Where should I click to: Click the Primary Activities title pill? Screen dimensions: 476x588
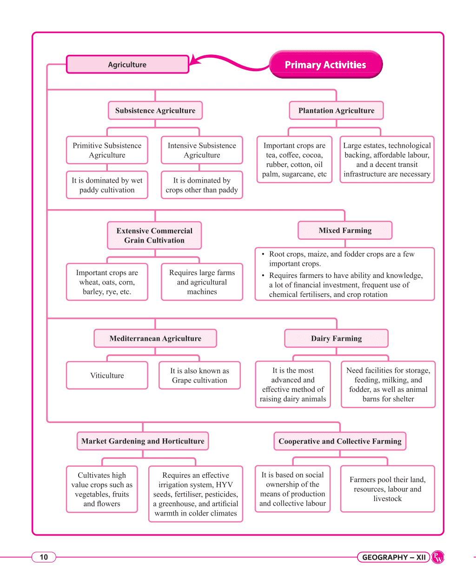(x=325, y=64)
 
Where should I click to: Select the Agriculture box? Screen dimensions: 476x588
(x=127, y=64)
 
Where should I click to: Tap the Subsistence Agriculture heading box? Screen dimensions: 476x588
(x=155, y=111)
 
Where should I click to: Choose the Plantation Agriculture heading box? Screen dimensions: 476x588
(x=336, y=111)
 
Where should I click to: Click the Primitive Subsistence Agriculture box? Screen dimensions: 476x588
(x=107, y=150)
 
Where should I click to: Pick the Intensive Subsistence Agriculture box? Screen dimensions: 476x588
(x=202, y=150)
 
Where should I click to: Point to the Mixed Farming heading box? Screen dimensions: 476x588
(x=345, y=230)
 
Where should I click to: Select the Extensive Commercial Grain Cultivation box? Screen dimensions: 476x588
(x=154, y=235)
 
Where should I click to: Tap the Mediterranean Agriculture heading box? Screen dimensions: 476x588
(x=155, y=338)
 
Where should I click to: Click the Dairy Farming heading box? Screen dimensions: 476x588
(x=336, y=338)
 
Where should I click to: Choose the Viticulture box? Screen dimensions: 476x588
(x=107, y=375)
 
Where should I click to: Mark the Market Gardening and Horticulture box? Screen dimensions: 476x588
(x=143, y=441)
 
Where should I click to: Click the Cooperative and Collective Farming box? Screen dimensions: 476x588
(x=340, y=441)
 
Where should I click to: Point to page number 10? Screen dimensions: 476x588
(x=44, y=557)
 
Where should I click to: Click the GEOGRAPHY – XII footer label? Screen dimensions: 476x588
(x=394, y=557)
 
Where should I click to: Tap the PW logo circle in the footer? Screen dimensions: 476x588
(x=438, y=557)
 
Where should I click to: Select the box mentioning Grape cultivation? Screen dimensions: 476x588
(x=199, y=375)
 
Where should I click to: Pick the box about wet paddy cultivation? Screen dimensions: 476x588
(x=107, y=185)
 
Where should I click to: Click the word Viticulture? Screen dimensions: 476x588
(x=107, y=375)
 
